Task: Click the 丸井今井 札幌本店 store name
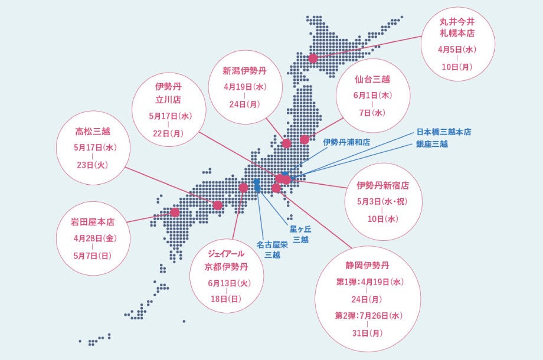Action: pos(457,27)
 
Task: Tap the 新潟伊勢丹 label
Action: pos(245,71)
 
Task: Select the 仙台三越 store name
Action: pos(372,78)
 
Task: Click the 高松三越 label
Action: pos(93,132)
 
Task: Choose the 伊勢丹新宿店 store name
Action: pos(382,185)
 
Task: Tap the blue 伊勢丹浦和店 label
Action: pos(346,142)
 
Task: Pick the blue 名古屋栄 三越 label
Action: pos(272,249)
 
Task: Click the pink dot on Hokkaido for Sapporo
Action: pos(313,58)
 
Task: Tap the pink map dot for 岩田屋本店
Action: pos(175,212)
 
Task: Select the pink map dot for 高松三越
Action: pos(218,205)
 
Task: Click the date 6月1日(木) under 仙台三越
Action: pos(372,96)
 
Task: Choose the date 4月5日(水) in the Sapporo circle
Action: pos(457,50)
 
